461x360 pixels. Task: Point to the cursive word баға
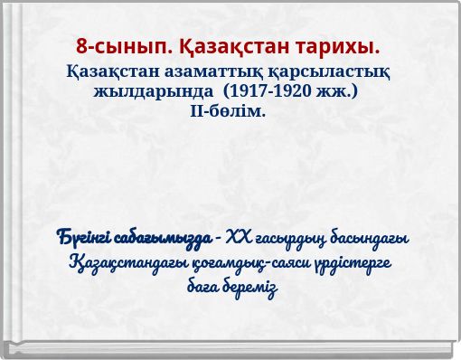(x=202, y=289)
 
